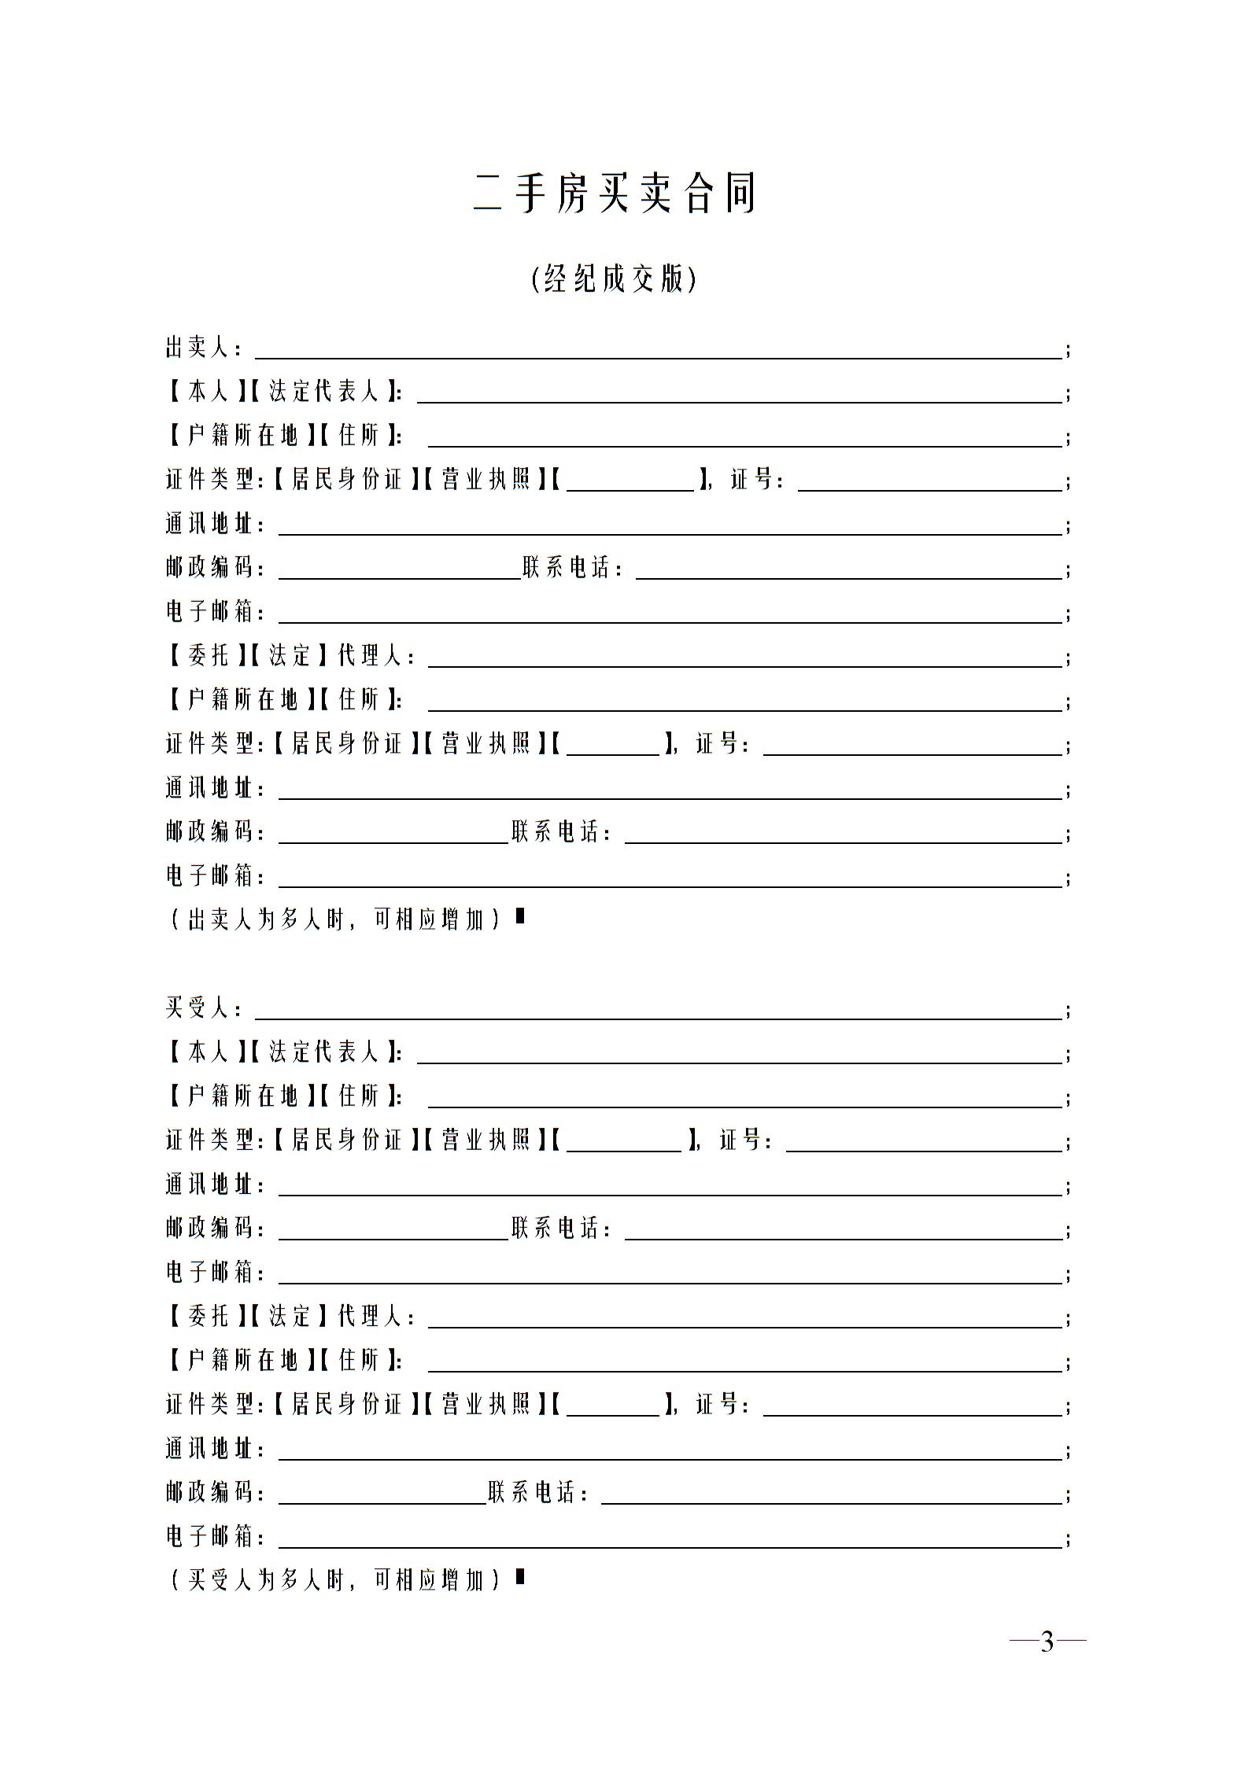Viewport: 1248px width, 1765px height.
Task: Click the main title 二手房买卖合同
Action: click(x=615, y=193)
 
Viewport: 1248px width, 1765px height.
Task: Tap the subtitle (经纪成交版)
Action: click(x=615, y=278)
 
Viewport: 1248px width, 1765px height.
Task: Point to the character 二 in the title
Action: click(x=488, y=193)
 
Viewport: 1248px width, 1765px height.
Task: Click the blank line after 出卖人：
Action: click(x=658, y=351)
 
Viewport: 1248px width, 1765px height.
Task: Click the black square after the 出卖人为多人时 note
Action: click(x=519, y=916)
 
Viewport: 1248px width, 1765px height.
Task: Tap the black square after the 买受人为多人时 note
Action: click(x=519, y=1577)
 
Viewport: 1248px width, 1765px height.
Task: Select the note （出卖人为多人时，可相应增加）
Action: click(x=335, y=919)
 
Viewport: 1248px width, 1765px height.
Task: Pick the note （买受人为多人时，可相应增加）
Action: click(x=335, y=1579)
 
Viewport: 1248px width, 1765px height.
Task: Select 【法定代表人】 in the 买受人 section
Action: click(x=323, y=1052)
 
